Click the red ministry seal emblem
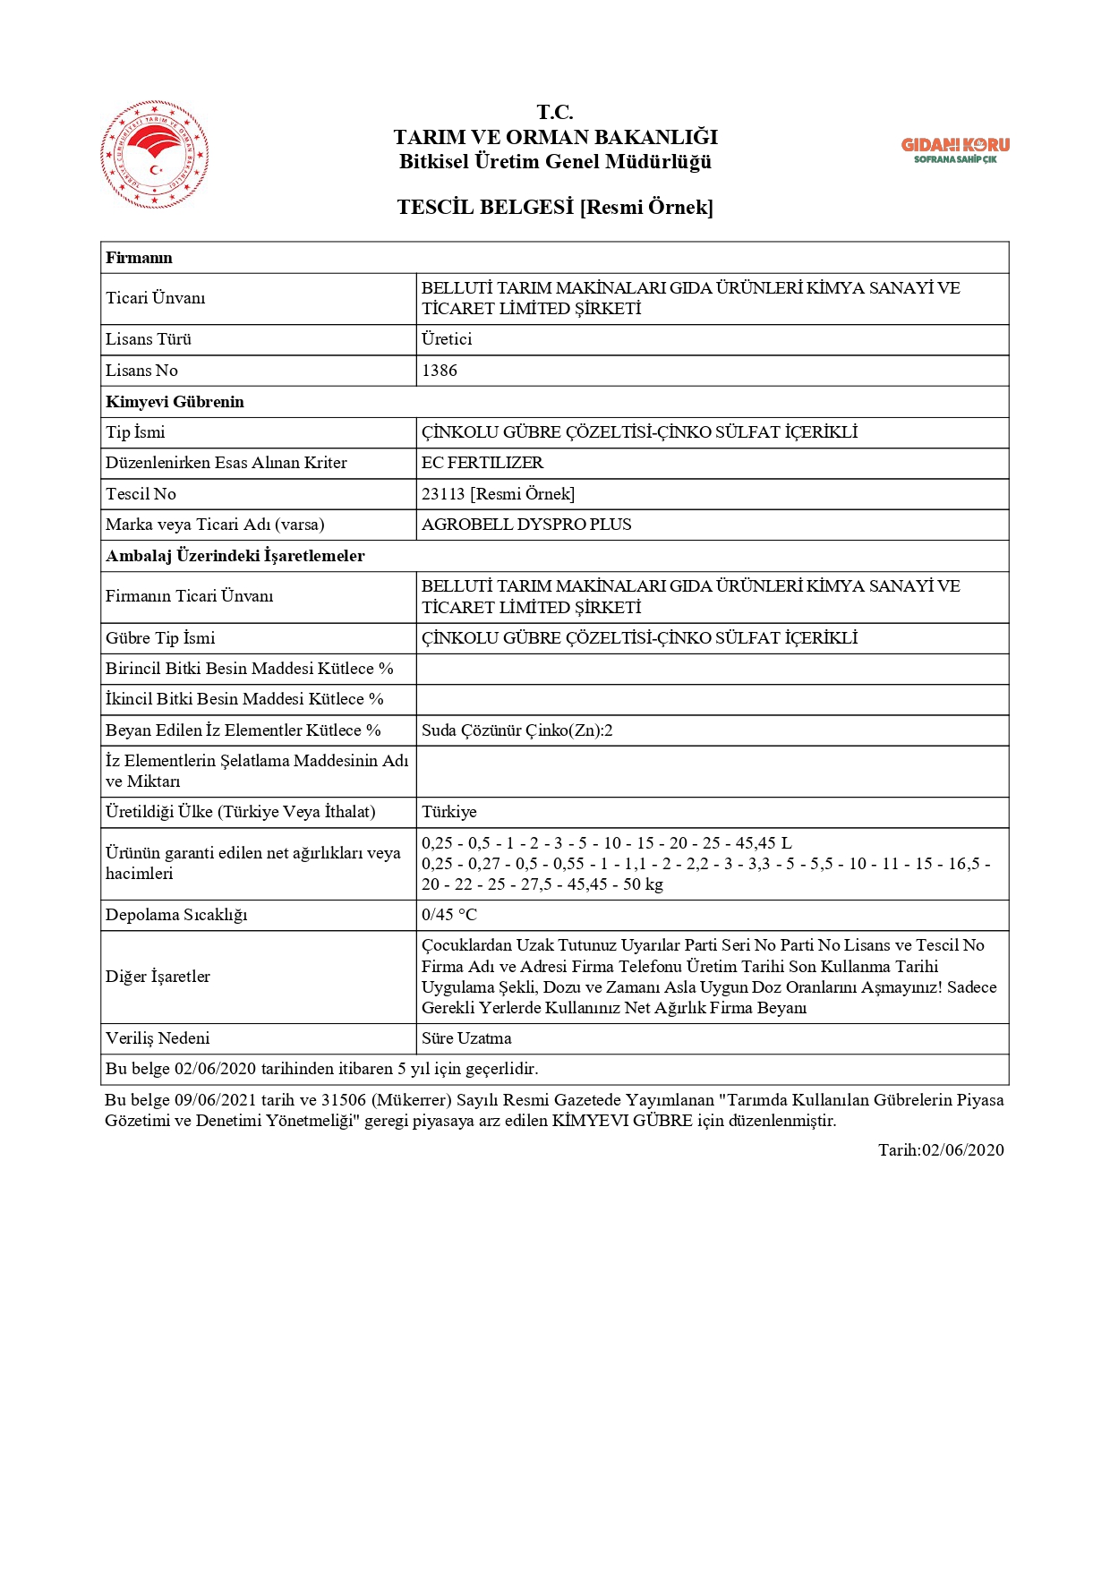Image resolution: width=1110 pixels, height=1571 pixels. [x=155, y=154]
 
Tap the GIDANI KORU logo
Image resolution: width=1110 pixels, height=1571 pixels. [x=955, y=149]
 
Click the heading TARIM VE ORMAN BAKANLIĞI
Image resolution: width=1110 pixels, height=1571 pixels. [x=555, y=137]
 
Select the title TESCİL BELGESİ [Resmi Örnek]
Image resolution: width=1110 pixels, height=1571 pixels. [x=555, y=207]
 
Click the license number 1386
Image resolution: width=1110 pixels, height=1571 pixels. [x=440, y=371]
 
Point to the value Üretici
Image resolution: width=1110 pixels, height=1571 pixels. [x=447, y=339]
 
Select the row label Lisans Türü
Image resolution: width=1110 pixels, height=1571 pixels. [x=149, y=339]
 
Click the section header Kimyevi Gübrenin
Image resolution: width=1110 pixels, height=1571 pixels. [x=175, y=402]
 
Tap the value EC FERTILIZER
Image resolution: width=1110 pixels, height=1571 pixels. [x=482, y=463]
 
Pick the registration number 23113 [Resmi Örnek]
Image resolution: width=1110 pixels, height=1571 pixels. [x=498, y=494]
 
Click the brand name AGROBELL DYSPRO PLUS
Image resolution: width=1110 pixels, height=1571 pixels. [x=526, y=525]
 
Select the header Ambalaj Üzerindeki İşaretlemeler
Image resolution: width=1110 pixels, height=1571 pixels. [x=235, y=556]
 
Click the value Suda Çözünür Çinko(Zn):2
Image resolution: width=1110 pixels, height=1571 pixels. [x=517, y=730]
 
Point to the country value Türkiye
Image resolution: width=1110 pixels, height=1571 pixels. [x=449, y=812]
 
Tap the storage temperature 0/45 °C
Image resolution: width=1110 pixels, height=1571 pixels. [x=449, y=915]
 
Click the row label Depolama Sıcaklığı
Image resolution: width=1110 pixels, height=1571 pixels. [x=176, y=915]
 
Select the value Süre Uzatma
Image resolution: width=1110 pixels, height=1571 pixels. [x=466, y=1038]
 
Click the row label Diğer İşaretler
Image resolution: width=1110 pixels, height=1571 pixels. [x=158, y=977]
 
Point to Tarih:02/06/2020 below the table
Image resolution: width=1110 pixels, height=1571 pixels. [x=941, y=1150]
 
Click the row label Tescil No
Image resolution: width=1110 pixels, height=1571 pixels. [x=141, y=494]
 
